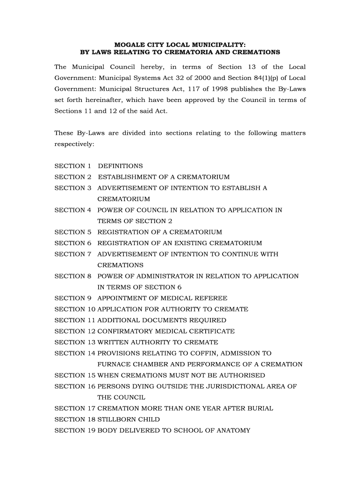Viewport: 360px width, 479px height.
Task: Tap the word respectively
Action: (74, 145)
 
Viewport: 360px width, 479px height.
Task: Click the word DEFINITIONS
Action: (120, 166)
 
